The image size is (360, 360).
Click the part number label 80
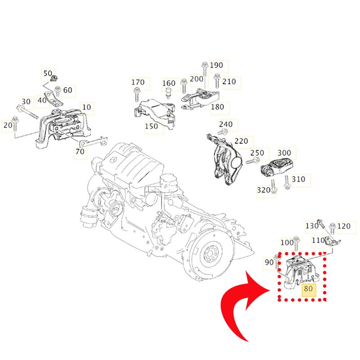309,289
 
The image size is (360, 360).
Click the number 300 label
284,153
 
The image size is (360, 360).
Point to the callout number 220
241,141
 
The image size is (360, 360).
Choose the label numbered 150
151,126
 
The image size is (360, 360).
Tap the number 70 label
80,152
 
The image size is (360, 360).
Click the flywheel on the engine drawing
210,257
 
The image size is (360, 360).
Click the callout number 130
312,225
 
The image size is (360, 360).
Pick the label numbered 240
225,124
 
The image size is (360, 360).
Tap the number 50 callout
47,73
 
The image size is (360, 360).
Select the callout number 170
138,82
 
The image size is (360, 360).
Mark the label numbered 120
343,226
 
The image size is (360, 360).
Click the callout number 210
229,82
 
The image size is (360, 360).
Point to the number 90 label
269,262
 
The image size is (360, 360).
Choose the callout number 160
169,83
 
